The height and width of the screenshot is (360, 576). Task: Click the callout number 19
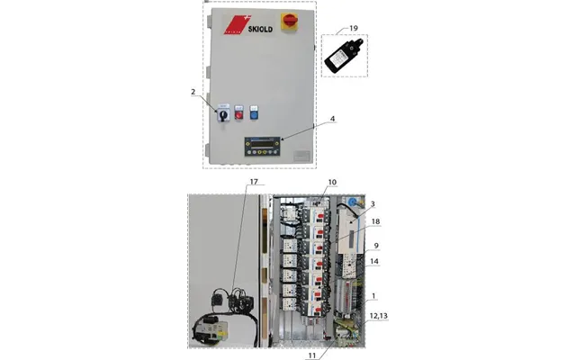click(354, 28)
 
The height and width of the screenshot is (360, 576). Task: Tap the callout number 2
click(193, 92)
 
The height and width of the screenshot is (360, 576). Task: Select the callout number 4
click(332, 119)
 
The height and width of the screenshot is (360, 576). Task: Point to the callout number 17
click(254, 182)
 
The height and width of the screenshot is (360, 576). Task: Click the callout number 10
click(332, 182)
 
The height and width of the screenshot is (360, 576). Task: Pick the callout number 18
click(375, 221)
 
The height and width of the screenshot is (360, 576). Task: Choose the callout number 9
click(376, 246)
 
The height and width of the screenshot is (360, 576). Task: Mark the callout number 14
click(374, 262)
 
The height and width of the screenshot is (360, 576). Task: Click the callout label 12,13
click(378, 316)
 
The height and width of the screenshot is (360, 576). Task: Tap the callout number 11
click(312, 355)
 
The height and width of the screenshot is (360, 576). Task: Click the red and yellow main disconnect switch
click(290, 22)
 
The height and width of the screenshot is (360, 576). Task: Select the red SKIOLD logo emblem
click(237, 24)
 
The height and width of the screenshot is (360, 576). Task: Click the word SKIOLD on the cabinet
click(260, 29)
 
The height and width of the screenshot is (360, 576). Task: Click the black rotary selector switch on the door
click(223, 113)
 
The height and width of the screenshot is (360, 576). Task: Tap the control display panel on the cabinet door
click(262, 147)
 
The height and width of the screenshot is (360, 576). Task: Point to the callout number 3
click(373, 204)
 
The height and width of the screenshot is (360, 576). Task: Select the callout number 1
click(373, 296)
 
